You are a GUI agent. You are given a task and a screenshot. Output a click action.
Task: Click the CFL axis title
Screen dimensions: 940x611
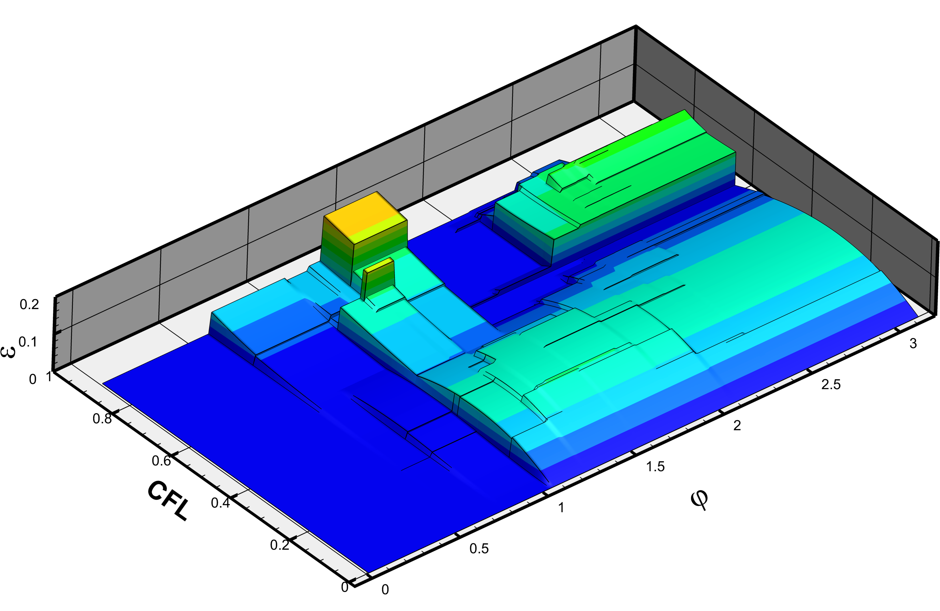(168, 500)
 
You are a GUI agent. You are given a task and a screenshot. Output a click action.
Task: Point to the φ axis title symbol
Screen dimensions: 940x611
(699, 500)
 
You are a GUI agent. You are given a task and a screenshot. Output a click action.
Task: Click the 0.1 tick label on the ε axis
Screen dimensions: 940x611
(28, 341)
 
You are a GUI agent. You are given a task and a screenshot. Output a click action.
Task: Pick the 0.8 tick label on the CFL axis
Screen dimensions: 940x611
(102, 418)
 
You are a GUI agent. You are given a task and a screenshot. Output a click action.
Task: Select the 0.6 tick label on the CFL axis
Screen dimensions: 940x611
(161, 461)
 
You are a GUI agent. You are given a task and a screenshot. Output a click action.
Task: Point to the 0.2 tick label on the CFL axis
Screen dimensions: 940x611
(280, 545)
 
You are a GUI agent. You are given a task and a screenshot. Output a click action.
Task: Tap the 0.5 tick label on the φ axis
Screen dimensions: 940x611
(479, 549)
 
